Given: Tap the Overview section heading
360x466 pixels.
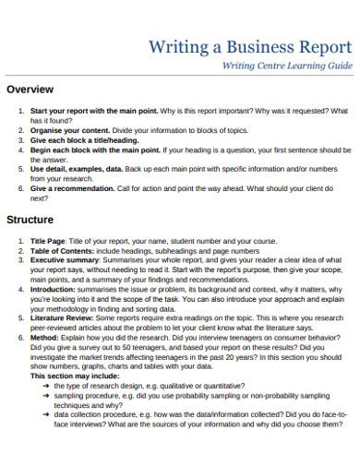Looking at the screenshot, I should click(x=30, y=90).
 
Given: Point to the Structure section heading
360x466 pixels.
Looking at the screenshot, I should click(x=31, y=221).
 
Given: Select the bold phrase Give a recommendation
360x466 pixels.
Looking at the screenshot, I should click(x=73, y=187).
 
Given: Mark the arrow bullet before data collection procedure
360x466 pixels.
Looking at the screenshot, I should click(x=45, y=414).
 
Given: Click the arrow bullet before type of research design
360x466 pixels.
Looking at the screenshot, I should click(x=45, y=386).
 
